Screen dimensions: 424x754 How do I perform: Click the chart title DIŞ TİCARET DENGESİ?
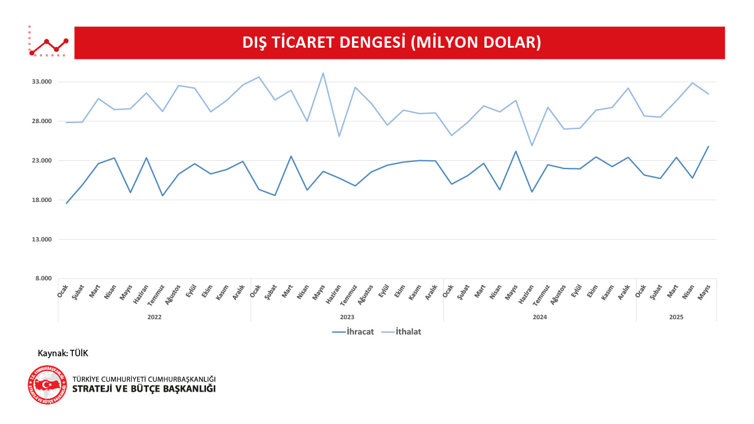tap(391, 42)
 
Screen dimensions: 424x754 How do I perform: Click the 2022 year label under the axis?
tap(154, 317)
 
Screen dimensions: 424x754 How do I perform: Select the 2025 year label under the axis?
tap(676, 317)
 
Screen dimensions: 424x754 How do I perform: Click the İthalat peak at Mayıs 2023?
tap(323, 73)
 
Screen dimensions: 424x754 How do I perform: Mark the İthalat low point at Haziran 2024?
tap(532, 145)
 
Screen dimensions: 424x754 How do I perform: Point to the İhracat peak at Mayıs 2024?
tap(516, 151)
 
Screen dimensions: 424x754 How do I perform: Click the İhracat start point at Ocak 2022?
tap(67, 203)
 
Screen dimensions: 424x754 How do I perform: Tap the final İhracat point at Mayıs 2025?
tap(708, 146)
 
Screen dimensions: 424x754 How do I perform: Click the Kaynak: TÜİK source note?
tap(63, 353)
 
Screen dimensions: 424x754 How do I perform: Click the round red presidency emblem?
tap(47, 385)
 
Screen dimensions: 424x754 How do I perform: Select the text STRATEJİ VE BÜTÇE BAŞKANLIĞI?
tap(144, 389)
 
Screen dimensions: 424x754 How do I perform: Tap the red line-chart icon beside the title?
tap(48, 42)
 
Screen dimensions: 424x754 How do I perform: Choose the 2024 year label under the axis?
tap(540, 317)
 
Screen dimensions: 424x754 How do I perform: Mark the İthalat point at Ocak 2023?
tap(259, 77)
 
